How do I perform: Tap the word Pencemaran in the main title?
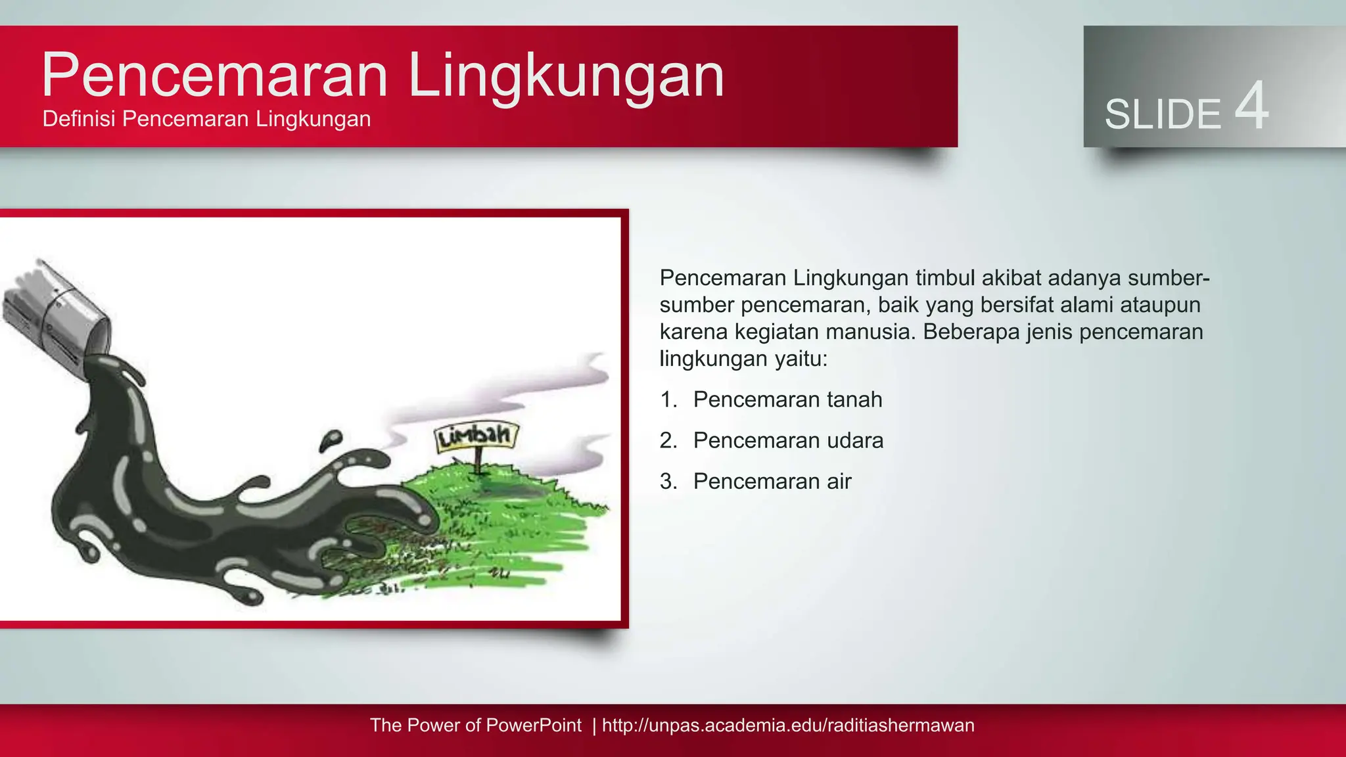(215, 76)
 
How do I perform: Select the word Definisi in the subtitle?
(79, 119)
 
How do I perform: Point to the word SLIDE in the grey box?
(1162, 114)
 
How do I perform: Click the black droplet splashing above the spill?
(331, 440)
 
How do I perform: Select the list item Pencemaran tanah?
(787, 400)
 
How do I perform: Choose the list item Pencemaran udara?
(788, 440)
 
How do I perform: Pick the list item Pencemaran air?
(772, 482)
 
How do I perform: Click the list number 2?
(668, 440)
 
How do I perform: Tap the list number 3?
(668, 482)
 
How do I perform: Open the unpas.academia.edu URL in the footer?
(788, 725)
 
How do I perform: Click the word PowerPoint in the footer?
(534, 725)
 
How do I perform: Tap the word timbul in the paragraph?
(945, 278)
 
